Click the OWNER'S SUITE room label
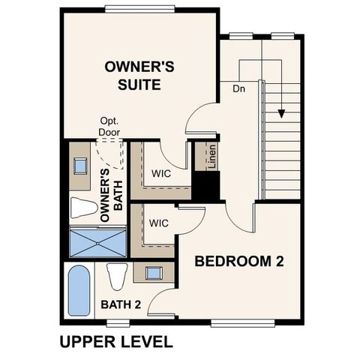click(139, 76)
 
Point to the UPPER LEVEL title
click(115, 341)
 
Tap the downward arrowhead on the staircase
click(282, 113)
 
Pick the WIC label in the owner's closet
click(162, 173)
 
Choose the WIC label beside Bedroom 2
click(157, 223)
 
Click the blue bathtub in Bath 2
click(78, 291)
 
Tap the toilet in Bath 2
click(116, 277)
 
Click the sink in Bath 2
click(154, 272)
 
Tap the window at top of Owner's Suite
click(140, 9)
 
